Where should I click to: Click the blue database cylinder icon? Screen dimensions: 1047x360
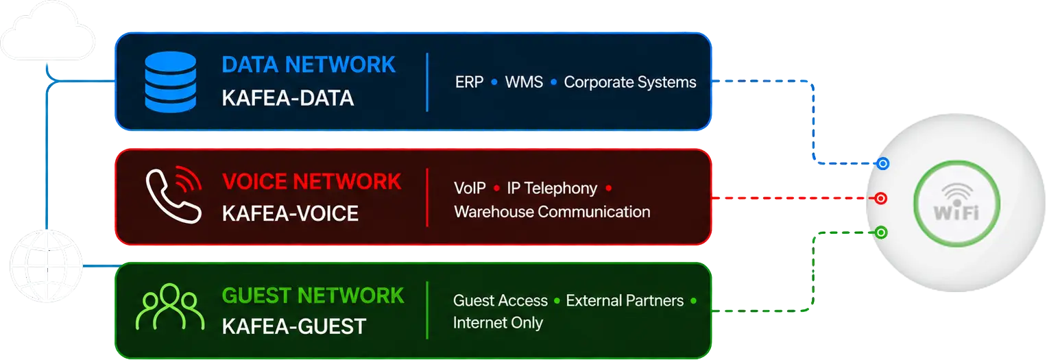tap(170, 82)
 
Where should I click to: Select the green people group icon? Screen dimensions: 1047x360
tap(169, 307)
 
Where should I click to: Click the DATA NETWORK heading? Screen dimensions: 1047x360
tap(309, 64)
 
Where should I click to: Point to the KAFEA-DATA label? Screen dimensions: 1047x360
tap(288, 98)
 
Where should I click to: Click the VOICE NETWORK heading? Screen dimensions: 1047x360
tap(311, 182)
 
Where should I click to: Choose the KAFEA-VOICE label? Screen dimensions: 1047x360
tap(290, 214)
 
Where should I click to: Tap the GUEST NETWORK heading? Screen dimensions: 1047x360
tap(313, 296)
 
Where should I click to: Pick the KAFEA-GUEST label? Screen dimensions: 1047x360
tap(294, 326)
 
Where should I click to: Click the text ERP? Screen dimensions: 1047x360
tap(469, 82)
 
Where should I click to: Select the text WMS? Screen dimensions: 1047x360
tap(524, 82)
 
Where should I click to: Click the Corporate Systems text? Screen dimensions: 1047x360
tap(630, 82)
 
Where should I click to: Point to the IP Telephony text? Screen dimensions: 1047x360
tap(552, 189)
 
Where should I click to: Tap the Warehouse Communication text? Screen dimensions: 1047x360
tap(552, 212)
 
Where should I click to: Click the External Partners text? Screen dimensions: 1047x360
tap(625, 300)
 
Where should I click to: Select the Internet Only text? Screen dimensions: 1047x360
tap(498, 322)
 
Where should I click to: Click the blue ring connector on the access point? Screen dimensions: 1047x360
tap(882, 164)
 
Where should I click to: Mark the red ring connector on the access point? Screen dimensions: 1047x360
tap(880, 199)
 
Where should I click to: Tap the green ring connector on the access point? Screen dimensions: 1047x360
tap(881, 232)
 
